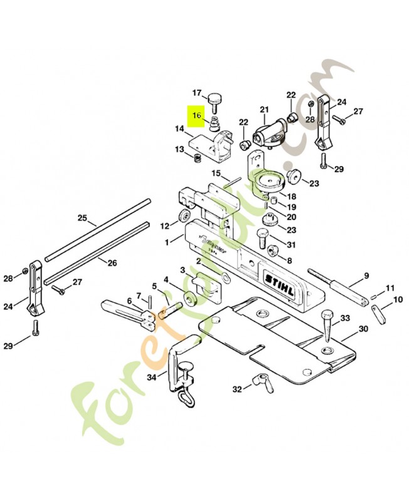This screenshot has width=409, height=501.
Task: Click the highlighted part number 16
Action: [197, 116]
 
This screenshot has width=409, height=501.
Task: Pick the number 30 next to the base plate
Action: [363, 329]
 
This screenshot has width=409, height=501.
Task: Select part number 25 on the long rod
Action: [82, 219]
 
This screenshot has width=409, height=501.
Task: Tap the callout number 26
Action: [112, 263]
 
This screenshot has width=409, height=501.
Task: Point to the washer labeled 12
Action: [184, 216]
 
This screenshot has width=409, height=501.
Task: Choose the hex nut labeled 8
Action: [273, 251]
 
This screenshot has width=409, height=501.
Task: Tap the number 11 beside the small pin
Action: [390, 288]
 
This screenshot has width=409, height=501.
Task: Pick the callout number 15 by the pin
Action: [215, 173]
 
